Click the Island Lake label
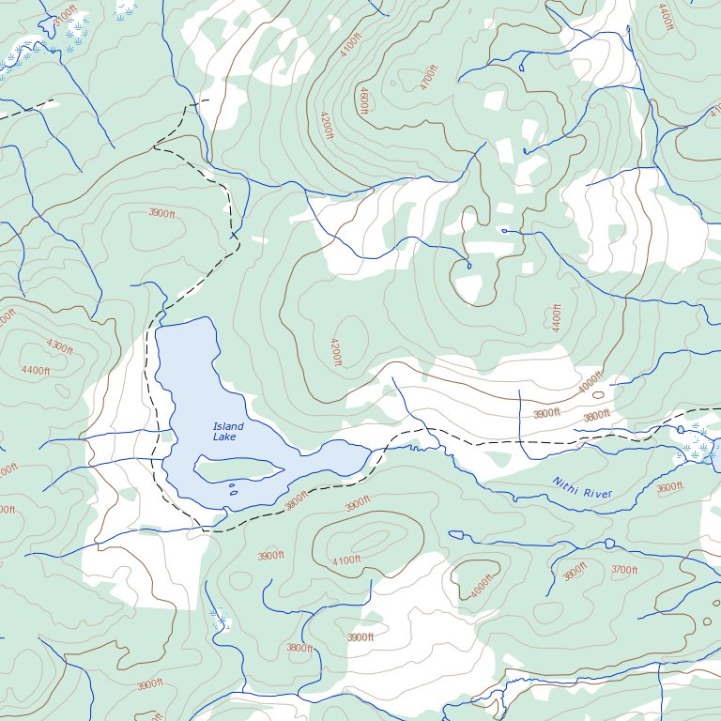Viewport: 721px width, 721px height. click(x=227, y=432)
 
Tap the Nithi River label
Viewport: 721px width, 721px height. click(x=582, y=488)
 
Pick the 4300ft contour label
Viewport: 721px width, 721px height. click(x=59, y=347)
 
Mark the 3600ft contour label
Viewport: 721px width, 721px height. click(x=669, y=487)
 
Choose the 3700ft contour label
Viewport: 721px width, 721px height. click(x=624, y=570)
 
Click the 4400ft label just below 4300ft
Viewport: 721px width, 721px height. click(x=36, y=370)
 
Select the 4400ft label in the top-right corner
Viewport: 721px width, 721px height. click(x=665, y=17)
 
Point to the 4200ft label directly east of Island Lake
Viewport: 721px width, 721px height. click(x=335, y=352)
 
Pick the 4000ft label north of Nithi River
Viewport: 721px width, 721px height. click(x=590, y=384)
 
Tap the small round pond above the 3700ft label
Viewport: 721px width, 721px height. click(x=608, y=544)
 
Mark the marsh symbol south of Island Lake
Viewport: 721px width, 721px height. click(x=220, y=620)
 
